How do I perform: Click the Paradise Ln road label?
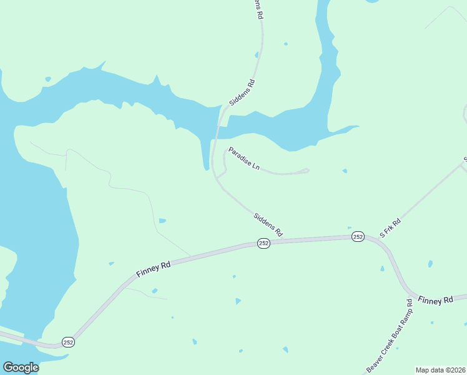tap(244, 159)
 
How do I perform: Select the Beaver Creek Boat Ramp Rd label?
tap(390, 336)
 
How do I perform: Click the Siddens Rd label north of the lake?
tap(242, 92)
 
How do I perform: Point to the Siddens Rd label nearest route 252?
tap(268, 225)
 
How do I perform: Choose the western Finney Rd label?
tap(154, 270)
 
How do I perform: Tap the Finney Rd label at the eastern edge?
tap(435, 301)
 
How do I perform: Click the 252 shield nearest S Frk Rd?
tap(358, 236)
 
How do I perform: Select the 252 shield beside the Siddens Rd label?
tap(263, 243)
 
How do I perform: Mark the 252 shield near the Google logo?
tap(68, 342)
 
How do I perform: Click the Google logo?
tap(21, 367)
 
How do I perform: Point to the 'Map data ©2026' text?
tap(440, 370)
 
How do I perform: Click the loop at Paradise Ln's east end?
tap(305, 171)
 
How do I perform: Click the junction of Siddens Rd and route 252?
tap(287, 240)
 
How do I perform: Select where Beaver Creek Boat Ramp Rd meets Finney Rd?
tap(411, 294)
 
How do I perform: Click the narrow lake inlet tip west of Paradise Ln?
tap(206, 167)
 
